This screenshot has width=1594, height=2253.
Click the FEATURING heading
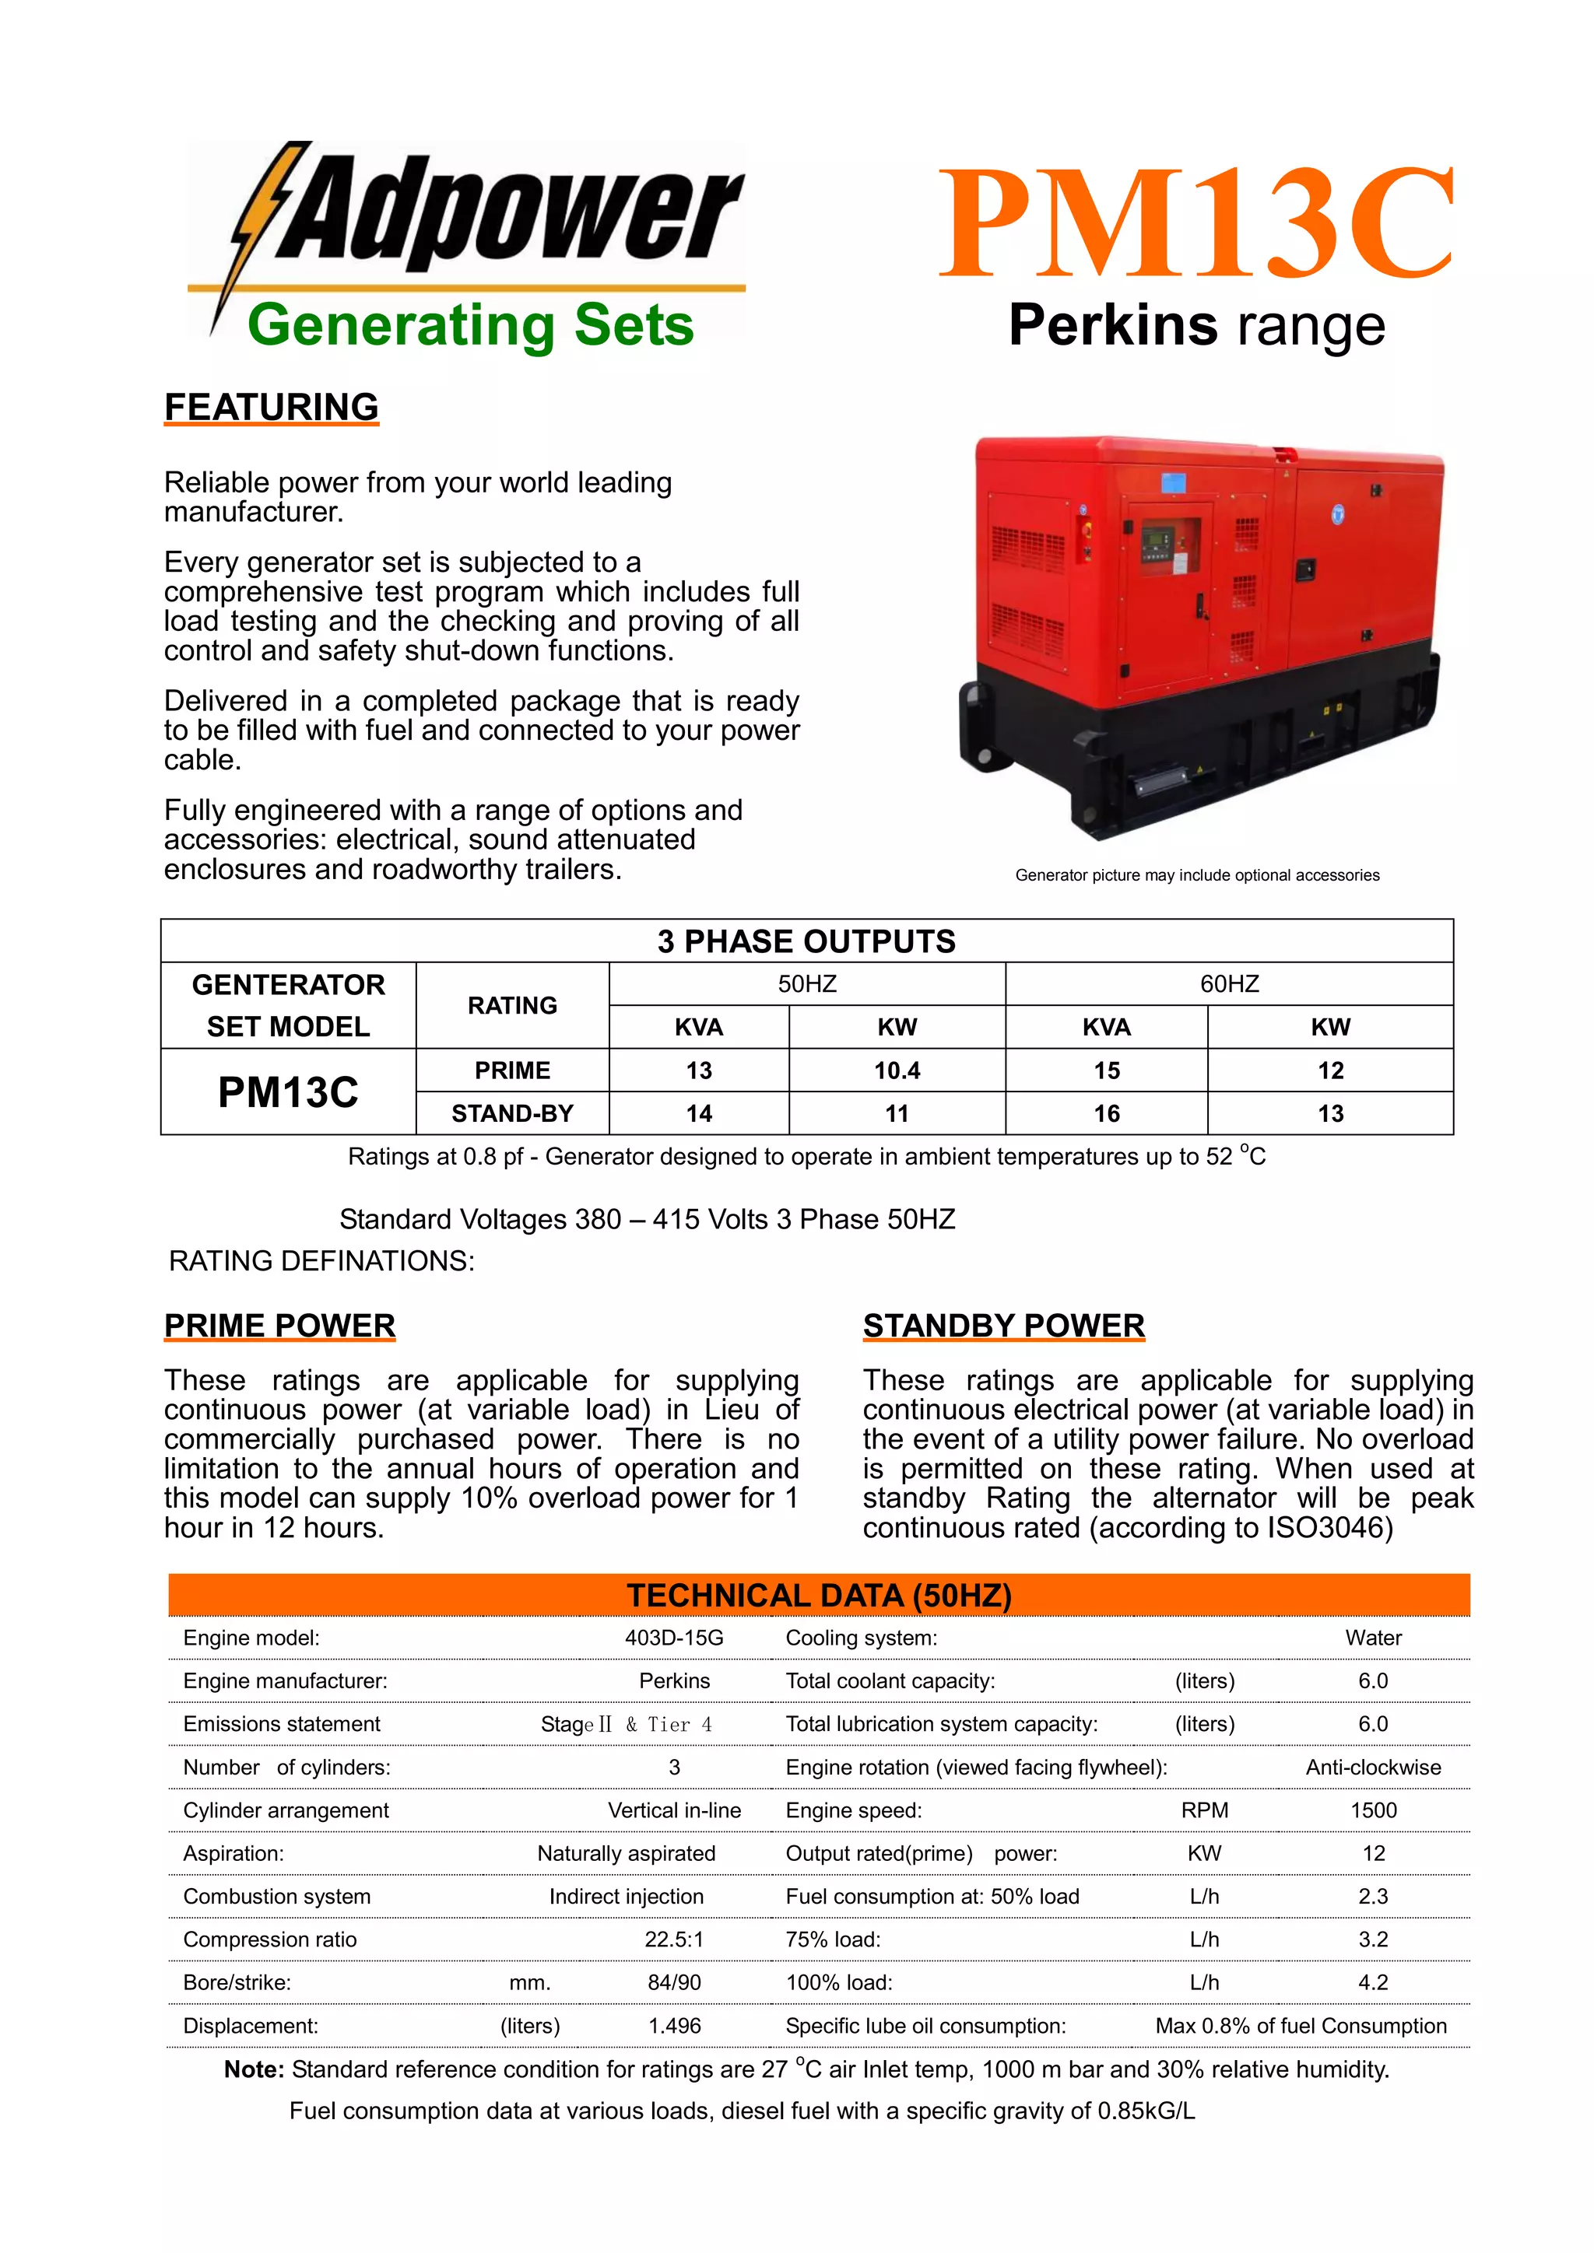point(271,407)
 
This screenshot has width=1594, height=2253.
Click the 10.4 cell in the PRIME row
point(897,1070)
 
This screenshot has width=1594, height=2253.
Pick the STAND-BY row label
point(512,1114)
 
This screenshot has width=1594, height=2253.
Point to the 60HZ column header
point(1229,984)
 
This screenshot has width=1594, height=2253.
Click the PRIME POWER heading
point(279,1326)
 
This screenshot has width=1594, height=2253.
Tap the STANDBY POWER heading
point(1003,1326)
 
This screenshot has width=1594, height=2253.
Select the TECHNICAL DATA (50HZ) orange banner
point(819,1596)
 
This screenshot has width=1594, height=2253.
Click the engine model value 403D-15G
point(674,1638)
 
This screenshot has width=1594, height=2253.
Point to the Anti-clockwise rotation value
point(1373,1768)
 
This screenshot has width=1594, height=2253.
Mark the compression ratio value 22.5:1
point(674,1940)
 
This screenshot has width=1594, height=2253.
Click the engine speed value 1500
point(1373,1810)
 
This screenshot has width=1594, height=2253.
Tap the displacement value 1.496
point(674,2027)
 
